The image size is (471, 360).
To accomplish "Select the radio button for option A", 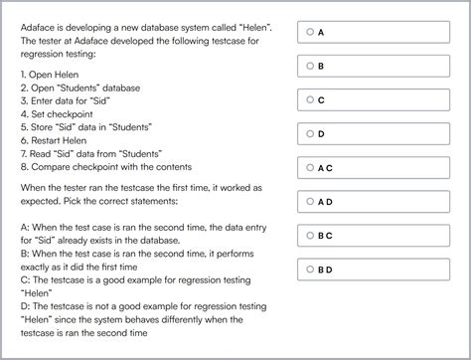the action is pyautogui.click(x=310, y=32).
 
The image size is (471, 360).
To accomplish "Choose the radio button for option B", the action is pyautogui.click(x=310, y=66).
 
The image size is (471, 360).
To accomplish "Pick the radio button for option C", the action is pyautogui.click(x=310, y=99).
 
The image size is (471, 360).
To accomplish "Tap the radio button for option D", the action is pyautogui.click(x=310, y=133).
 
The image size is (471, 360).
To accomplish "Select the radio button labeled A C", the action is pyautogui.click(x=310, y=167).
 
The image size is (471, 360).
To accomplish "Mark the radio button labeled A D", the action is pyautogui.click(x=310, y=201).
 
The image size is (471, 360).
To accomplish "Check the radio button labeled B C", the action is pyautogui.click(x=310, y=235).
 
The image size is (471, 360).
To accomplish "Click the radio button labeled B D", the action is pyautogui.click(x=310, y=269).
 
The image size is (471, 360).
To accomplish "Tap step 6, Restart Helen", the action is pyautogui.click(x=56, y=140).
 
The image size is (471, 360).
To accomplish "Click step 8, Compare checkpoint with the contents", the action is pyautogui.click(x=106, y=166).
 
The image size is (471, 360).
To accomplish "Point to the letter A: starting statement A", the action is pyautogui.click(x=24, y=226).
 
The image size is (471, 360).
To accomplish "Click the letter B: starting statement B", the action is pyautogui.click(x=24, y=253).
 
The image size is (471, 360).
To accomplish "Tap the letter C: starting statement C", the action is pyautogui.click(x=24, y=279).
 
